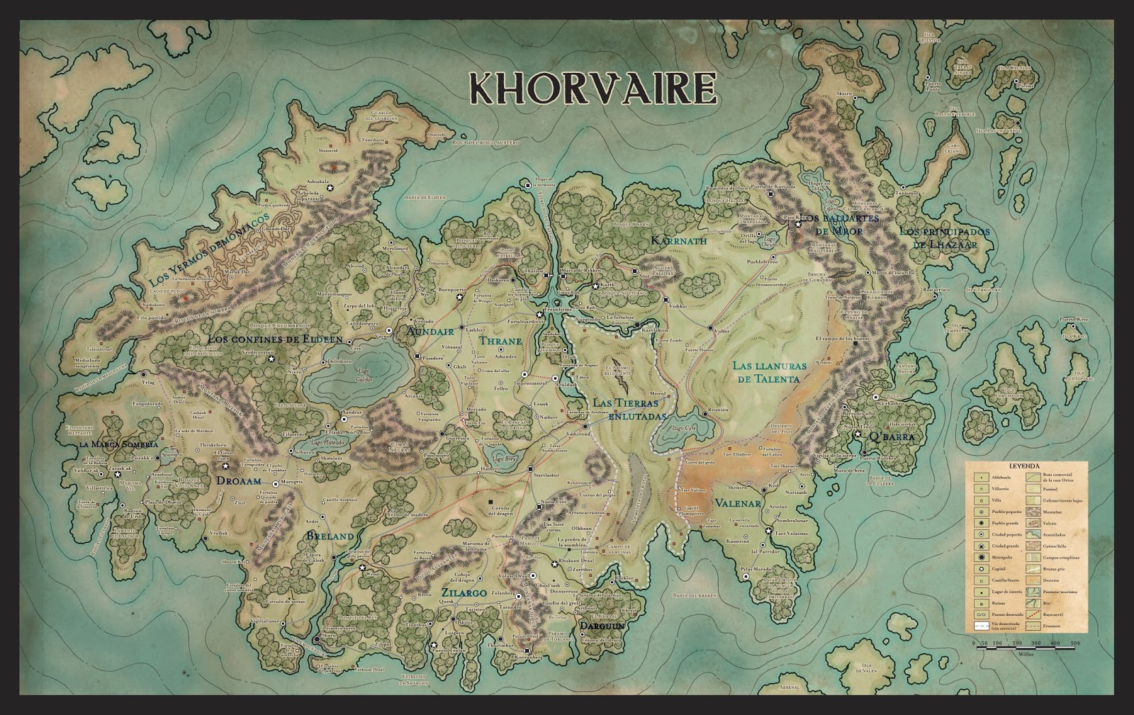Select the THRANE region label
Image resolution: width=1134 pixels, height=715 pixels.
coord(500,342)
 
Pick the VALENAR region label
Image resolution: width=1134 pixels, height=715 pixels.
coord(738,504)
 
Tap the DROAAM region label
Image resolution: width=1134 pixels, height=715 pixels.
coord(239,480)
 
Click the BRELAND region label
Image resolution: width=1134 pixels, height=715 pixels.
coord(330,536)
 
